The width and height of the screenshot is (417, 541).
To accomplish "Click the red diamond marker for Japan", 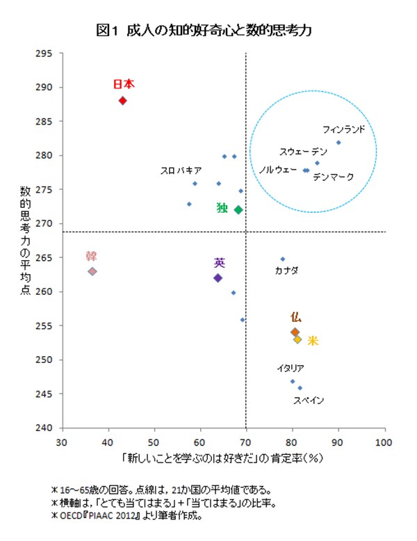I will (122, 100).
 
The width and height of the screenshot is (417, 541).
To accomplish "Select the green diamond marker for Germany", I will (238, 209).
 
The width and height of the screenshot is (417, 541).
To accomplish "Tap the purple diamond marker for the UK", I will (218, 277).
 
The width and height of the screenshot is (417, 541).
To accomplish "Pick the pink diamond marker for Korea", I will (92, 271).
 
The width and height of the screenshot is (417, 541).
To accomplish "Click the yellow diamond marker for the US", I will (297, 339).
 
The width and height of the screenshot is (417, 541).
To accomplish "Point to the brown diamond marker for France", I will (295, 332).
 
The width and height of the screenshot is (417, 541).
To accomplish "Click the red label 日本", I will (123, 84).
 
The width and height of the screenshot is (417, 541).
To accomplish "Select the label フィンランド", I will (344, 129).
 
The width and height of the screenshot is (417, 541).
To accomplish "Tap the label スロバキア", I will (181, 170).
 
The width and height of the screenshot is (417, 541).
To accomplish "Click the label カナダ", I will (286, 270).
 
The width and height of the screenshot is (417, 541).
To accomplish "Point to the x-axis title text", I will (222, 459).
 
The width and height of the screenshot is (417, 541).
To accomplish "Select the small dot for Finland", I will (338, 143).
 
